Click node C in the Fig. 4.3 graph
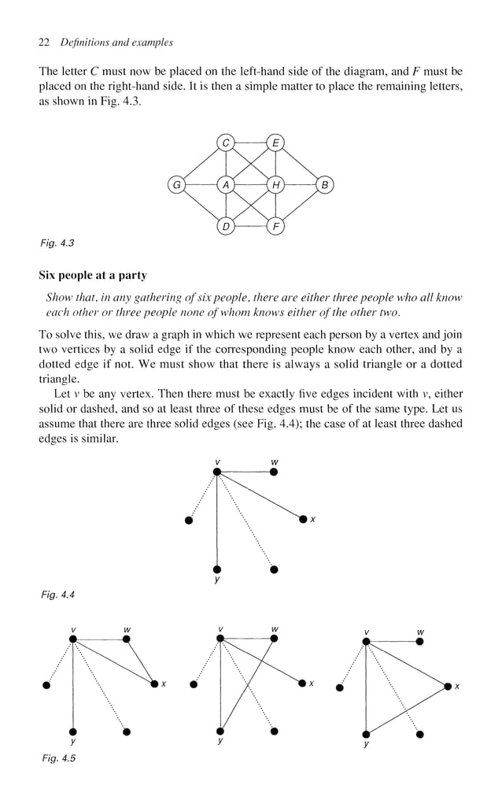[x=227, y=143]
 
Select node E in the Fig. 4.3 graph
[x=275, y=143]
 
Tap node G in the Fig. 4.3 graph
[x=176, y=185]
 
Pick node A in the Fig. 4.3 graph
[x=227, y=185]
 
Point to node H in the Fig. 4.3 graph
[x=275, y=185]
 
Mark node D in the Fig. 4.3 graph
[x=227, y=228]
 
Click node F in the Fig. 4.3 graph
[x=275, y=228]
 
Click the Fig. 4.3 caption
[x=57, y=243]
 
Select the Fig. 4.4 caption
[x=57, y=595]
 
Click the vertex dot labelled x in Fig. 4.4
[x=303, y=519]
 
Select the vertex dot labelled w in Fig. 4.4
[x=274, y=472]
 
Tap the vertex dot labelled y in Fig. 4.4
[x=217, y=569]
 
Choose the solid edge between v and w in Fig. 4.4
[x=245, y=472]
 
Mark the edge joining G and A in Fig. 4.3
[x=201, y=185]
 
